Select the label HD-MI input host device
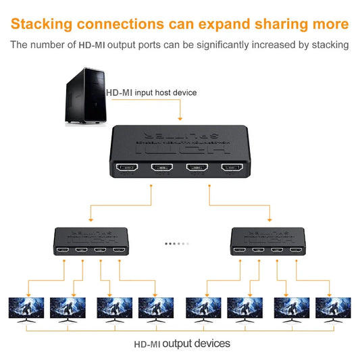point(151,92)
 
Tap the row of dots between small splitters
point(178,244)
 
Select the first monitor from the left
point(26,309)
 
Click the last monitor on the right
point(333,309)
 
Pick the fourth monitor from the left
point(156,309)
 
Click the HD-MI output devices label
point(182,344)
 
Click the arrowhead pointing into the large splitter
point(180,118)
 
